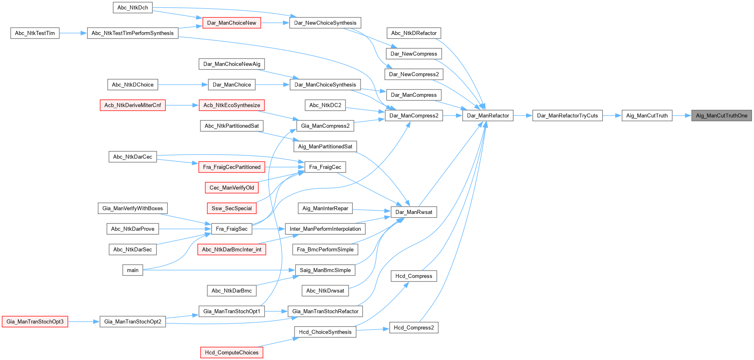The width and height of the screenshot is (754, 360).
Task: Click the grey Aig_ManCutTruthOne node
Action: click(721, 116)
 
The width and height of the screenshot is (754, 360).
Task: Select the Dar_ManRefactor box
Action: click(488, 116)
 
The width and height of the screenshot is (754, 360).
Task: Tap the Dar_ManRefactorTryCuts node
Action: click(567, 116)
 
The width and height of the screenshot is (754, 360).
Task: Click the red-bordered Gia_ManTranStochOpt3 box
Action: click(35, 322)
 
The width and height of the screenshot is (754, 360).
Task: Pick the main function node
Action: click(133, 270)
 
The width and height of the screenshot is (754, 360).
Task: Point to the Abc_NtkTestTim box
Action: click(35, 33)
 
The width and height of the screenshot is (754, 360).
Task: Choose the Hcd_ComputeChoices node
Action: click(232, 353)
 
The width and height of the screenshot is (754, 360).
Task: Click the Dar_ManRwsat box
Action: click(414, 212)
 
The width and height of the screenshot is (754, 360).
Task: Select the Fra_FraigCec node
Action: click(325, 167)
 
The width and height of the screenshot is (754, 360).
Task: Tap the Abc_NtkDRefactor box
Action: click(414, 33)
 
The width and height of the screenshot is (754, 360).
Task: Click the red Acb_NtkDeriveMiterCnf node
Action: click(133, 105)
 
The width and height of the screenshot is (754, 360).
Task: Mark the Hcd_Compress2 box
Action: click(414, 327)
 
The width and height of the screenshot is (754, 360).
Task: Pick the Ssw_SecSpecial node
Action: click(232, 208)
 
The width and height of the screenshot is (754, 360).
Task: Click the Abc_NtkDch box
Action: click(133, 8)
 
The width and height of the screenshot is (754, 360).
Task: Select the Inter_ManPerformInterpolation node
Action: click(325, 229)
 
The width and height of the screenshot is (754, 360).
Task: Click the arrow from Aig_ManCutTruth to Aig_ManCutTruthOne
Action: click(682, 116)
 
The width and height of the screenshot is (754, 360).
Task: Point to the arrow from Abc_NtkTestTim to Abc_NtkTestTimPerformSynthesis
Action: click(73, 33)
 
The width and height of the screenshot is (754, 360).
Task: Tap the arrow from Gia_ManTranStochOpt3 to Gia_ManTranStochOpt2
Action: click(84, 322)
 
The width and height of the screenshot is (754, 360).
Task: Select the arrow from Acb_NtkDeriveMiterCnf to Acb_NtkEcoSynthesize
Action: click(182, 105)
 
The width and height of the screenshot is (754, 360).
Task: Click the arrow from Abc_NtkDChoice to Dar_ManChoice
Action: click(183, 85)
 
